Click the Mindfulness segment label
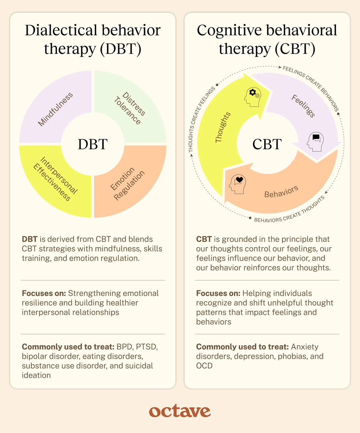[55, 109]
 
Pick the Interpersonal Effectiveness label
[55, 179]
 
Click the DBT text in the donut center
[93, 144]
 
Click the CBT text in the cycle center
[267, 144]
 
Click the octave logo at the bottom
[180, 411]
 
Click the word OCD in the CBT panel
[204, 366]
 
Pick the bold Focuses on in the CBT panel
[218, 293]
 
